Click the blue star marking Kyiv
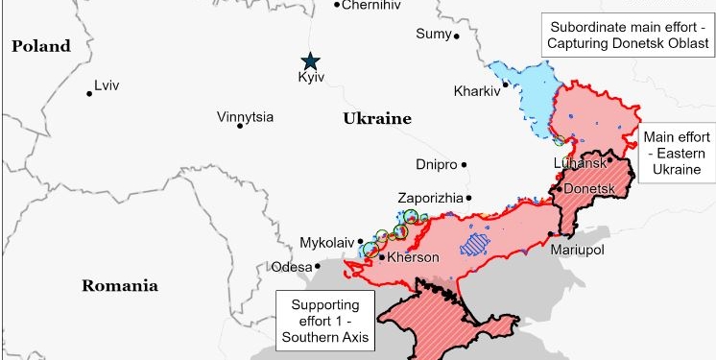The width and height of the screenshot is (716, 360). [x=309, y=60]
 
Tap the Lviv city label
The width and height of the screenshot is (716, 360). [x=107, y=85]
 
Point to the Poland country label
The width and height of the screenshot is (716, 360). [x=40, y=46]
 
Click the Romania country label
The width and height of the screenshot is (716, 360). [x=119, y=285]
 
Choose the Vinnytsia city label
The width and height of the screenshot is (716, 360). [x=245, y=117]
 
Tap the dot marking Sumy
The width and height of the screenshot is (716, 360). [x=457, y=36]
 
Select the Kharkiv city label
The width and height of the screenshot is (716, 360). [x=476, y=92]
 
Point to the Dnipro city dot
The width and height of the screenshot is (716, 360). [x=464, y=164]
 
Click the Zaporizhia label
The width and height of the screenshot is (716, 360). [x=430, y=198]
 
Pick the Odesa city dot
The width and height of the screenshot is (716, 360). [x=318, y=266]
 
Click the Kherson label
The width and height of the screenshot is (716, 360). [x=413, y=257]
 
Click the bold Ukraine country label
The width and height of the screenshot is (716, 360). [x=376, y=119]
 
